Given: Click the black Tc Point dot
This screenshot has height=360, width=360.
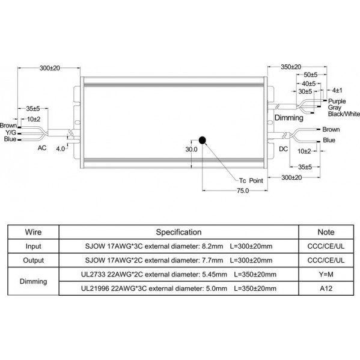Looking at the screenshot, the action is coord(203,140).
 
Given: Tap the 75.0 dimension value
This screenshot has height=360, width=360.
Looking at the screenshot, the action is coord(243,191).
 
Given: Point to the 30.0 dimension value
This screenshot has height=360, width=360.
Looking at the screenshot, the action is coord(191,149).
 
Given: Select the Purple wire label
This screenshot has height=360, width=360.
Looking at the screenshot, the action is coord(337,101).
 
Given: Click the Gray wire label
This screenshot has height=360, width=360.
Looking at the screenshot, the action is coord(335,108).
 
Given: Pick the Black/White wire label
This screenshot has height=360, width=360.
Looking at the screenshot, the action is coord(344,114).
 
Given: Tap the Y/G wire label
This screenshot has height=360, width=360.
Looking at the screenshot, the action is coord(11,132).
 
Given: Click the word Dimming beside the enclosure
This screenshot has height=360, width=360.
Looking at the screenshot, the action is coord(289,118).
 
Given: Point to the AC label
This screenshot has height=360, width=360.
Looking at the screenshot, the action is coord(42,148).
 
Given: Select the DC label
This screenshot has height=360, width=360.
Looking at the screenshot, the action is coord(283,149).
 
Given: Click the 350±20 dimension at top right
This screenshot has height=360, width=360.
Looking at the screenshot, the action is coord(291,67).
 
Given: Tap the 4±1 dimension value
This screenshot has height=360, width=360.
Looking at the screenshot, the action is coord(337,90).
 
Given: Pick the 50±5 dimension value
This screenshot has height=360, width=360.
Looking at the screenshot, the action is coord(310,75).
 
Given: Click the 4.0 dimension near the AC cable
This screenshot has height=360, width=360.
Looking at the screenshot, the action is coord(60,149).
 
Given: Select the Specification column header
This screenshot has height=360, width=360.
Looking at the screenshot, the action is coord(178,232).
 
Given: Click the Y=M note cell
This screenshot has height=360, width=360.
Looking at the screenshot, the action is coord(326,275).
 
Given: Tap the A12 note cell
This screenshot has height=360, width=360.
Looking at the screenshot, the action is coord(326,288).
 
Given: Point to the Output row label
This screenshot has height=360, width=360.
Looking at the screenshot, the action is coord(33,260).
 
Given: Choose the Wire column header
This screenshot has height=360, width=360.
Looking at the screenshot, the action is coord(33,232).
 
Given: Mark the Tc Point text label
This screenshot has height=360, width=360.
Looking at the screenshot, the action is coord(251,181).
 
